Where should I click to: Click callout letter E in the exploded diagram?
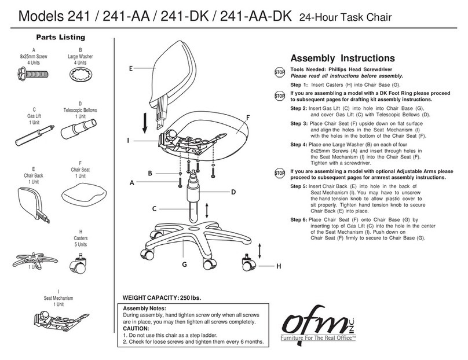131,68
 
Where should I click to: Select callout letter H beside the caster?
278,266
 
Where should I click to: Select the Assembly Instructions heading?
342,58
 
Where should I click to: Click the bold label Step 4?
299,143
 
